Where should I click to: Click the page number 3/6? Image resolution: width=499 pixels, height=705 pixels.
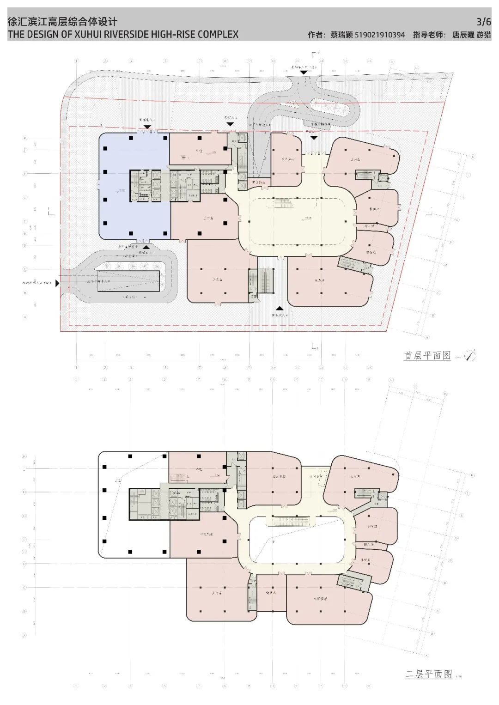(484, 21)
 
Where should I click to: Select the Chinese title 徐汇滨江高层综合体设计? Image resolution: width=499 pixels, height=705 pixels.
(63, 22)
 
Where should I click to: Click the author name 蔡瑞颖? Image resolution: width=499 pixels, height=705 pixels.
(341, 35)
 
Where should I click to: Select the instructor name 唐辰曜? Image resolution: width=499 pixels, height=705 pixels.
(463, 35)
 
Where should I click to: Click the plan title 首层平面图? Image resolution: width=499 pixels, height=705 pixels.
(427, 355)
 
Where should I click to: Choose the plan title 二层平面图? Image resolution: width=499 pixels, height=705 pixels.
(428, 674)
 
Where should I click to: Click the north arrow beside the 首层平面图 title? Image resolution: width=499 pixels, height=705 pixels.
(470, 355)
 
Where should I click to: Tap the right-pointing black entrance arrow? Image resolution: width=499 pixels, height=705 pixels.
(57, 284)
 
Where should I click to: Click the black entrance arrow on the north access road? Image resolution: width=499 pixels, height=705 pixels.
(304, 73)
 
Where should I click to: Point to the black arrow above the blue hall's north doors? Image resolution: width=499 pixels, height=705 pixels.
(146, 127)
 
